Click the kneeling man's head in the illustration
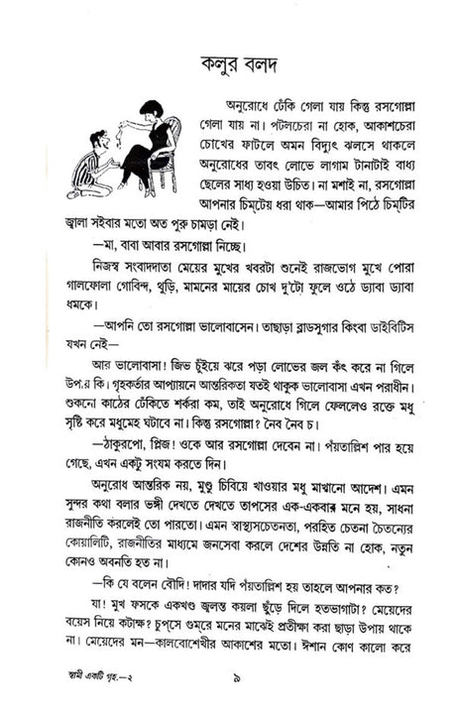pyautogui.click(x=97, y=140)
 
